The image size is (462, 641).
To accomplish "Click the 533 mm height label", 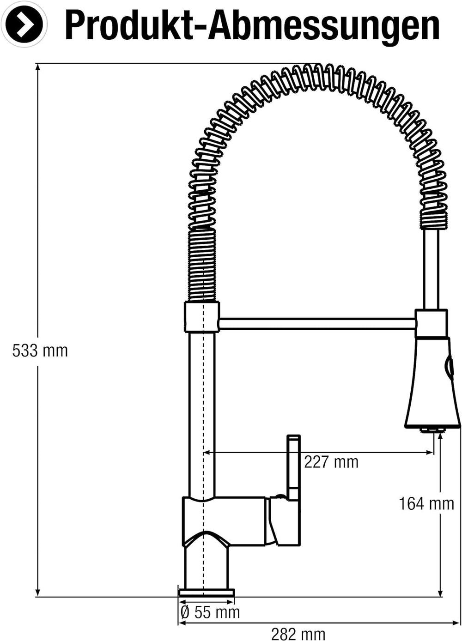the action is [x=40, y=351].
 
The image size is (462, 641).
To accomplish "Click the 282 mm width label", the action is [x=298, y=633].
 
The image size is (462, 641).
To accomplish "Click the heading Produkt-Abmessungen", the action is [x=252, y=25].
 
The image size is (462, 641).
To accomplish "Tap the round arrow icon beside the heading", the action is [x=26, y=24].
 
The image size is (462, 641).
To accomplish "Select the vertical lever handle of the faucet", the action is [x=294, y=467].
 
